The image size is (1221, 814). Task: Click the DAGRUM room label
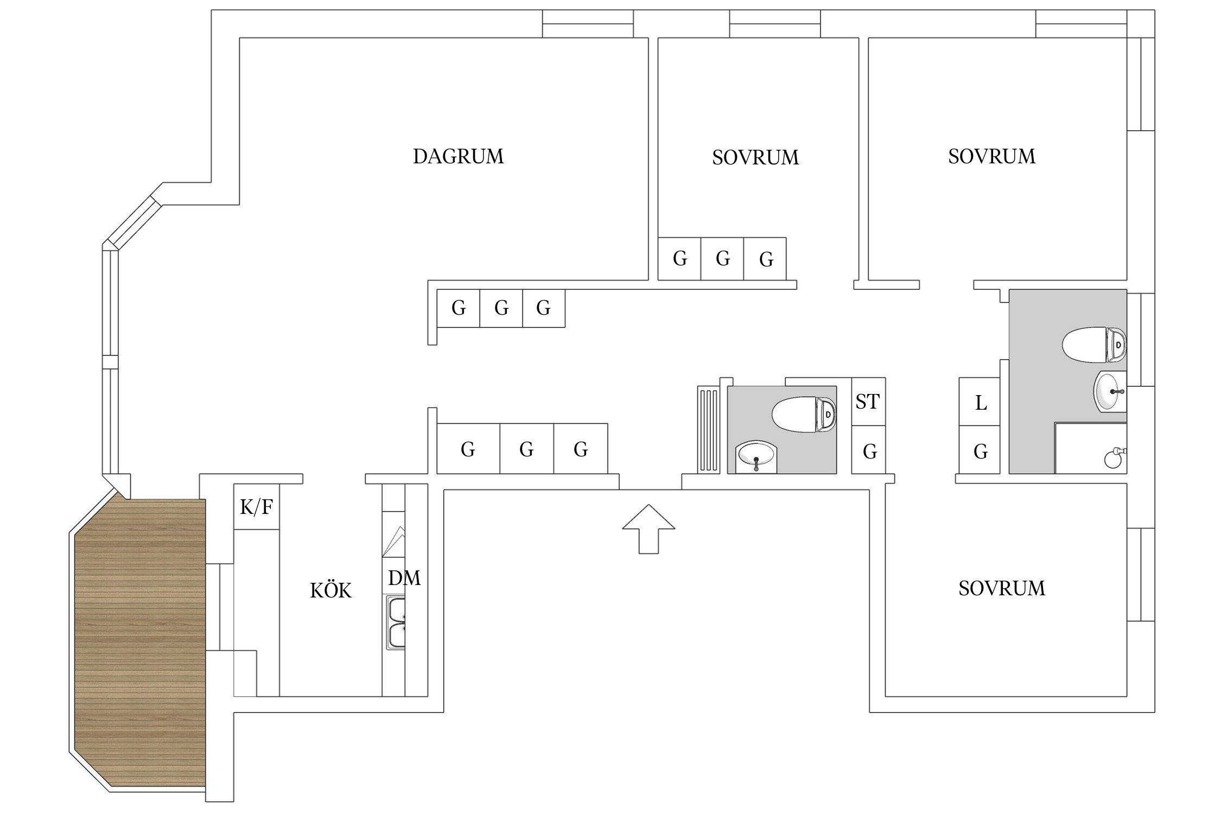click(x=458, y=156)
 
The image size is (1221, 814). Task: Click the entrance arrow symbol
click(x=648, y=529)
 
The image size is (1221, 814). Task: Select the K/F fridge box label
click(x=256, y=507)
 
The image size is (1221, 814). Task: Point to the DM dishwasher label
click(x=404, y=578)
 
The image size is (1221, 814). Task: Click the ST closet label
click(x=868, y=402)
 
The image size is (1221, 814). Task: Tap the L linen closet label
click(x=981, y=403)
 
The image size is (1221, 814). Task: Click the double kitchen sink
click(x=396, y=622)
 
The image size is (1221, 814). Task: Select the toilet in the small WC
click(x=804, y=415)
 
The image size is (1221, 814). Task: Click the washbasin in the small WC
click(x=756, y=457)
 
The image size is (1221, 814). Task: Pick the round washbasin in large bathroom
click(x=1109, y=391)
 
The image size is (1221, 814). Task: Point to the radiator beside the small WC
click(x=708, y=429)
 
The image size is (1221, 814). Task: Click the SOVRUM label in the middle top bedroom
click(x=755, y=157)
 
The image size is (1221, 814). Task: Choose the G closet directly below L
click(x=980, y=450)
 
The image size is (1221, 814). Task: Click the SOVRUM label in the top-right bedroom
click(x=991, y=156)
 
